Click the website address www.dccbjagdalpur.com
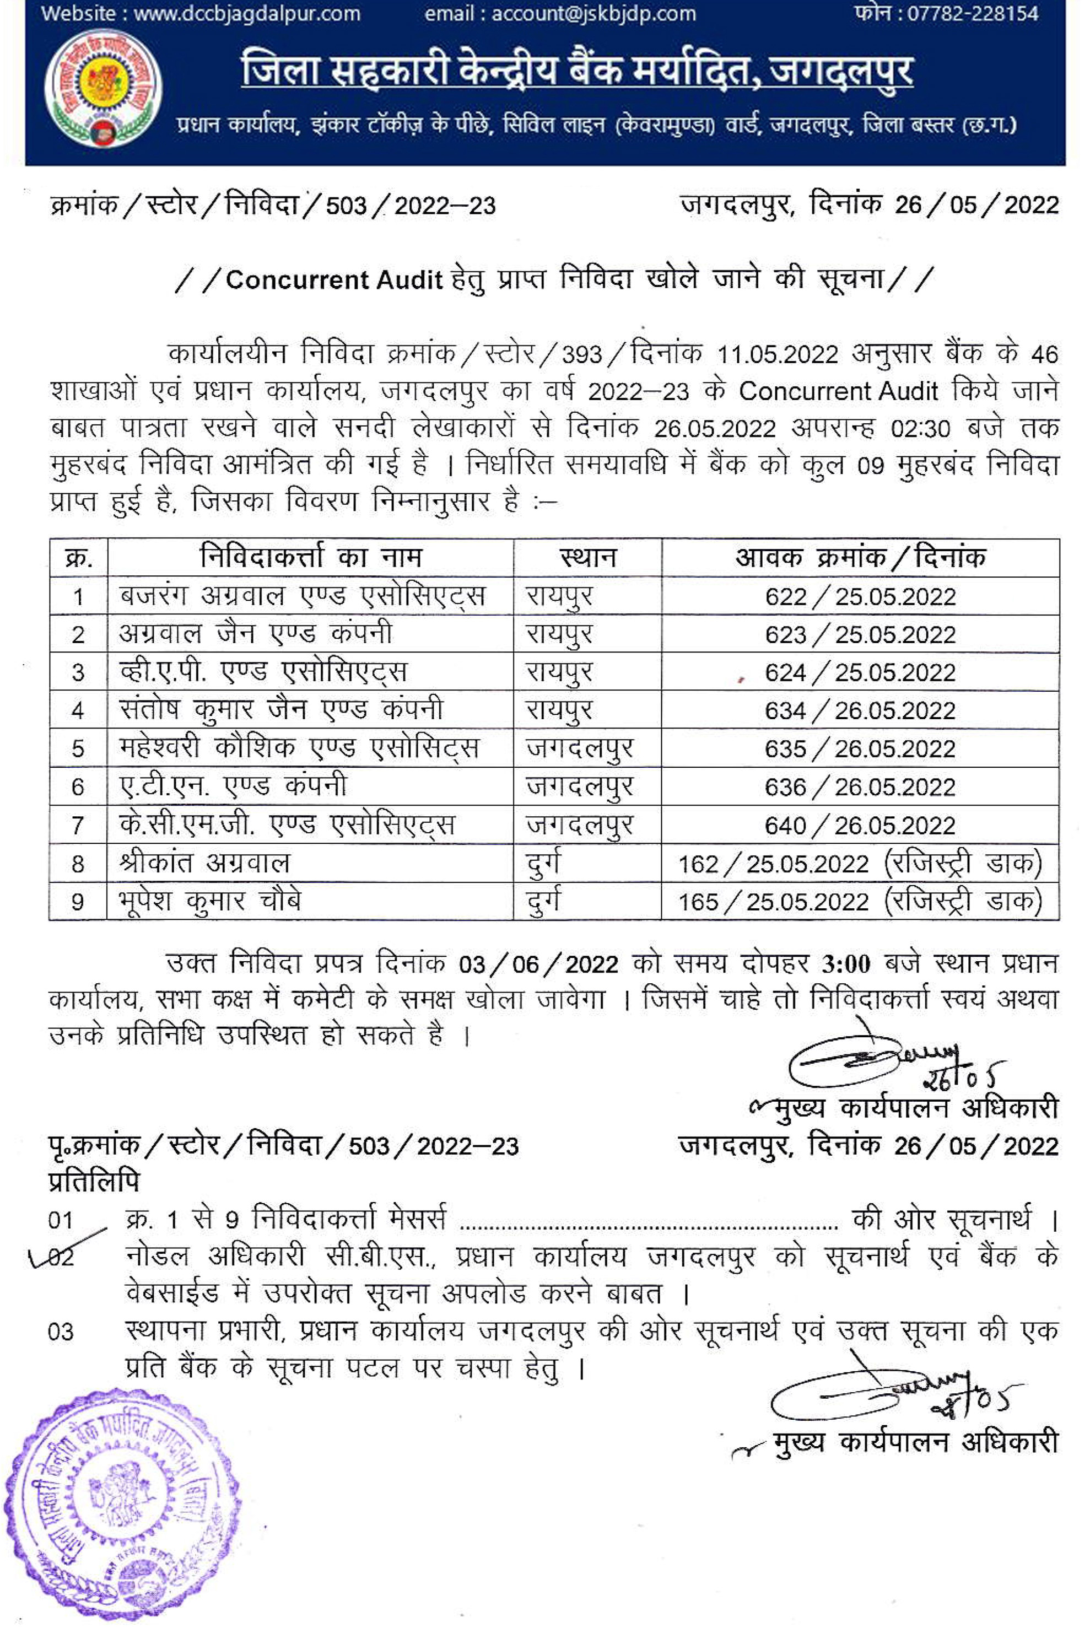point(247,13)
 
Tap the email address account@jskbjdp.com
point(593,13)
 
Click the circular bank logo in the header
point(103,88)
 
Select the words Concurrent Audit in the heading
point(334,279)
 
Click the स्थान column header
point(587,558)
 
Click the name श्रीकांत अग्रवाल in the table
point(204,864)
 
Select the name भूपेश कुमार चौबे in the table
point(210,902)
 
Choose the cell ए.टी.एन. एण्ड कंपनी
point(233,786)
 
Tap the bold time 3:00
point(845,964)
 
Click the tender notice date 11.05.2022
point(777,354)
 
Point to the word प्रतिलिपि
point(94,1181)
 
